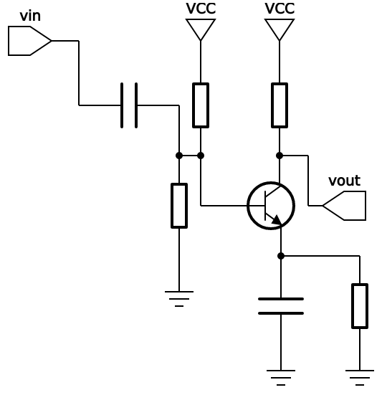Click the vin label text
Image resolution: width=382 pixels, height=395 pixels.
(30, 16)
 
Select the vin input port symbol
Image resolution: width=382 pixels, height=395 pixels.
(29, 41)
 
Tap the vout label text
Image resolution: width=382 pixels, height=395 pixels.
(344, 181)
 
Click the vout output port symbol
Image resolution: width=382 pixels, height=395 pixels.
(344, 206)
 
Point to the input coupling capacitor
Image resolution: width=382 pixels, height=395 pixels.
(129, 105)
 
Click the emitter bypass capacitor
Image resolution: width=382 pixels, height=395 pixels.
(281, 306)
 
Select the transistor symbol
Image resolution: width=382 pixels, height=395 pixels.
(271, 206)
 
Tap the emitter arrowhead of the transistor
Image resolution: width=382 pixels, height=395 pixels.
(277, 220)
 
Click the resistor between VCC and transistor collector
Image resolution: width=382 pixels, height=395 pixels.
(280, 105)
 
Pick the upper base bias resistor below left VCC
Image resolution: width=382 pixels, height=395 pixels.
(201, 105)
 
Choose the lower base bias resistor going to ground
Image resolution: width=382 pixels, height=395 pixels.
(179, 206)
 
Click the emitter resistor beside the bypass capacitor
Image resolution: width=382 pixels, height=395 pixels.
(360, 306)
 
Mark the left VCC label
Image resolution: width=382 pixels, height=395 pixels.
(201, 9)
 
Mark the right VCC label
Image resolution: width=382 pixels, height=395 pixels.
(280, 9)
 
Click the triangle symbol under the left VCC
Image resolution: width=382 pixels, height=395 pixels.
(201, 29)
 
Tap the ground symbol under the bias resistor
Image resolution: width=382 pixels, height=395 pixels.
(179, 299)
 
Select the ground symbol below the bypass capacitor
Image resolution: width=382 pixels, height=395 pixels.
(281, 378)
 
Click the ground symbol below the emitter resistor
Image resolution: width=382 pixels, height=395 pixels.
(360, 378)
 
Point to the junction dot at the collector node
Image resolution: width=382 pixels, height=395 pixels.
(280, 156)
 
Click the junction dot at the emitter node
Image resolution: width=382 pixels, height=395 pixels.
(281, 256)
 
